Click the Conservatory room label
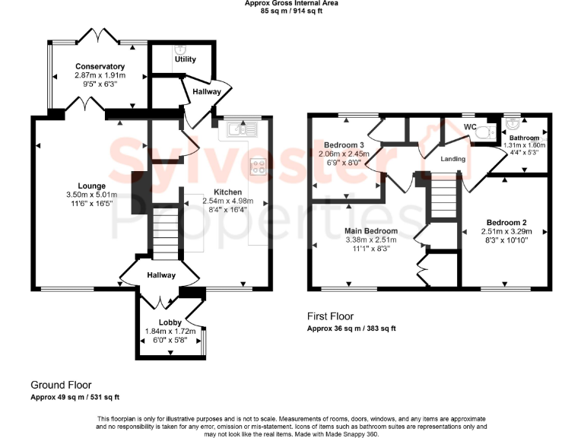tap(100, 66)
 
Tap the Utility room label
tap(185, 59)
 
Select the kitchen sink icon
tap(240, 129)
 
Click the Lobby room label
tap(170, 322)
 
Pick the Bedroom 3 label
tap(344, 144)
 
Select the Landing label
tap(453, 159)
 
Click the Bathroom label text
tap(523, 138)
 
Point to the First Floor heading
tap(330, 316)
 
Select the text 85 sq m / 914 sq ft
tap(291, 11)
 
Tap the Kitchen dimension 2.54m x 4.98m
tap(227, 201)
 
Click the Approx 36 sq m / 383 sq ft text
tap(351, 328)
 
